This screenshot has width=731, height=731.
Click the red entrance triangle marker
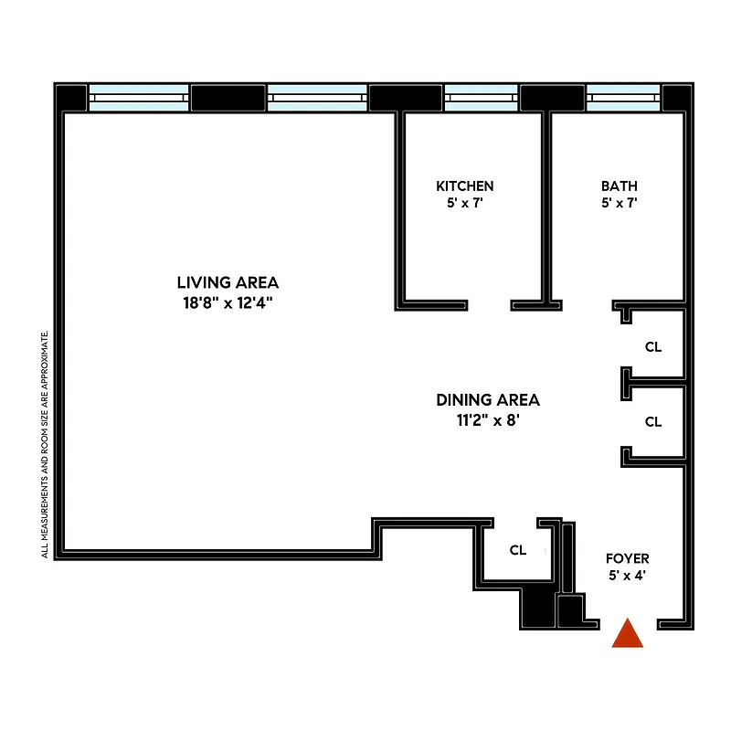pos(628,633)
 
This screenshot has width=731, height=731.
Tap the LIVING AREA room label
pos(228,282)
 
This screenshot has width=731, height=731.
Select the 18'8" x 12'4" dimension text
pos(228,302)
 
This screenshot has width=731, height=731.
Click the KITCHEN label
pos(464,185)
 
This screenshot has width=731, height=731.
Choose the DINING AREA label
pos(487,399)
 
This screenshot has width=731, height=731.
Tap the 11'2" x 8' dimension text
pos(487,421)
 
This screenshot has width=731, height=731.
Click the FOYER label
pos(628,558)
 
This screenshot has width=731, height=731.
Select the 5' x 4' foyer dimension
pos(628,577)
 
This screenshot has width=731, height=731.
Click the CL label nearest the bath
pos(652,347)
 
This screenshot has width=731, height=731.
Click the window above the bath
pos(623,97)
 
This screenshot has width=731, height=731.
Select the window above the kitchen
pos(482,97)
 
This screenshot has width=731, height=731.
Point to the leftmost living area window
pos(139,97)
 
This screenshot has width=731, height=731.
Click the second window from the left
pos(318,97)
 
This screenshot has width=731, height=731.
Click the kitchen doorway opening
pos(490,305)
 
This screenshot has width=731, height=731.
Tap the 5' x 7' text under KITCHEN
pos(464,204)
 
